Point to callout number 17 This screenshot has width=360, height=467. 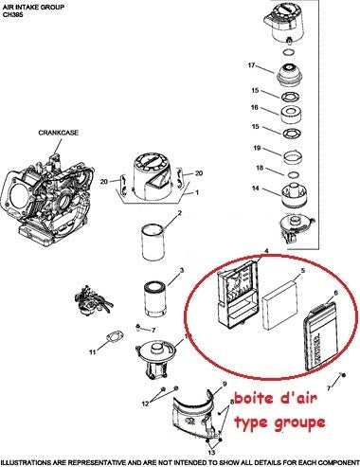(x=252, y=65)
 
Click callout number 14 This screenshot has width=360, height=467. (x=256, y=189)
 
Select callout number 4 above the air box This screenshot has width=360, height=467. (x=266, y=251)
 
